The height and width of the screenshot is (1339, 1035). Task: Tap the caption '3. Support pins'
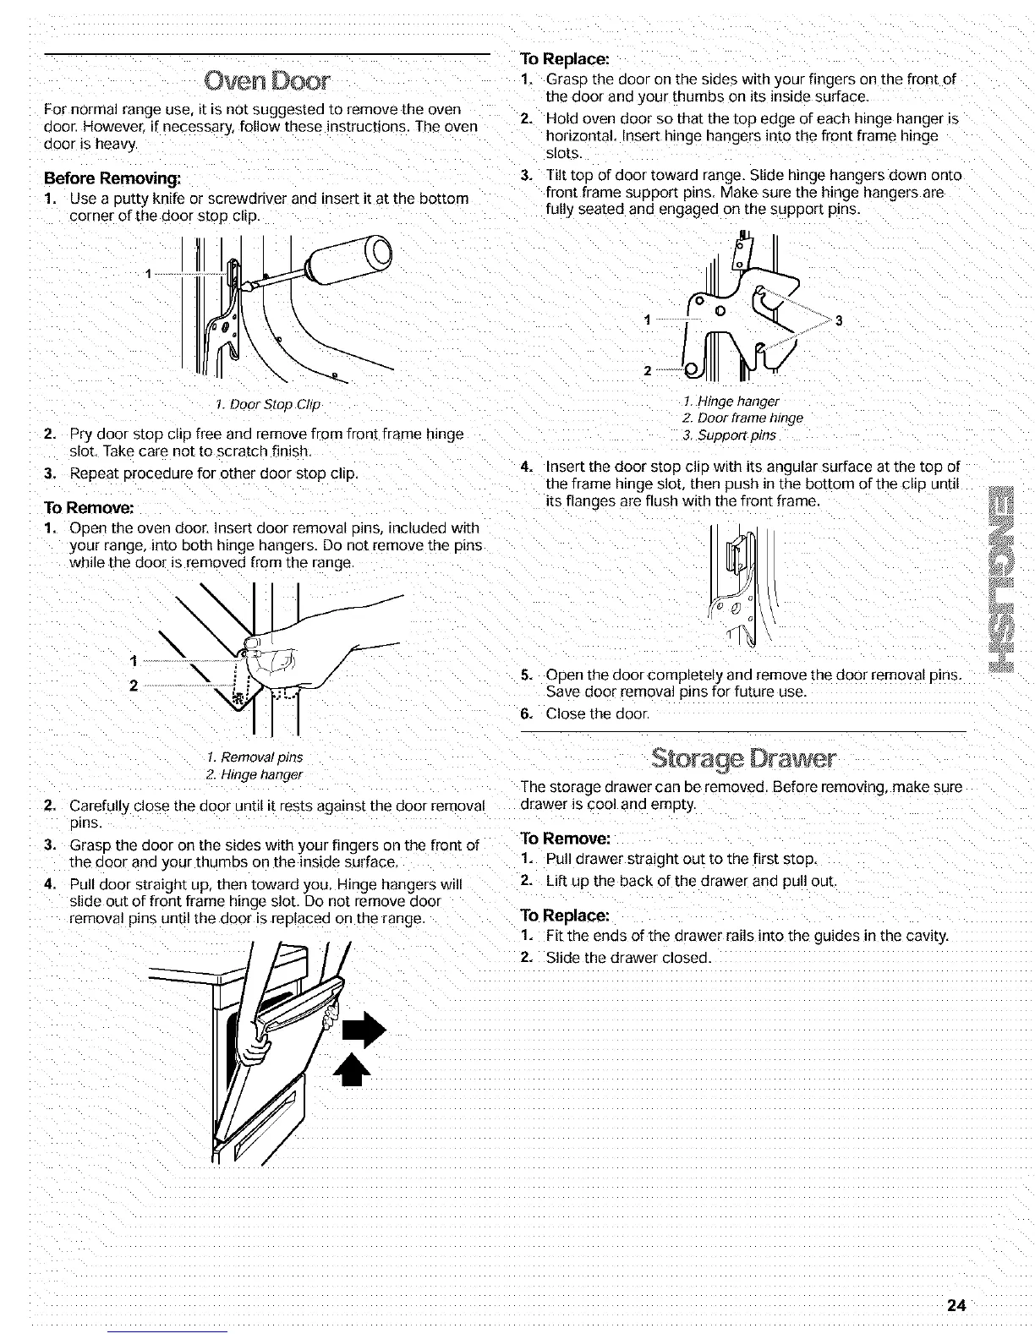[729, 435]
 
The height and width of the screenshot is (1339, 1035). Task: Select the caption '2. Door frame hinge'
[742, 418]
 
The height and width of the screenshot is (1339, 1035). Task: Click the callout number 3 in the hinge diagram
[837, 320]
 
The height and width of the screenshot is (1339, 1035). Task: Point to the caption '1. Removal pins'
[254, 757]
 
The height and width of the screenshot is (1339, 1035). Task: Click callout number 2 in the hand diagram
[133, 686]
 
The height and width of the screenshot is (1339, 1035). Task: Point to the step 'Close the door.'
[597, 714]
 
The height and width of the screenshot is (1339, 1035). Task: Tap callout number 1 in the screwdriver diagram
[149, 273]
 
